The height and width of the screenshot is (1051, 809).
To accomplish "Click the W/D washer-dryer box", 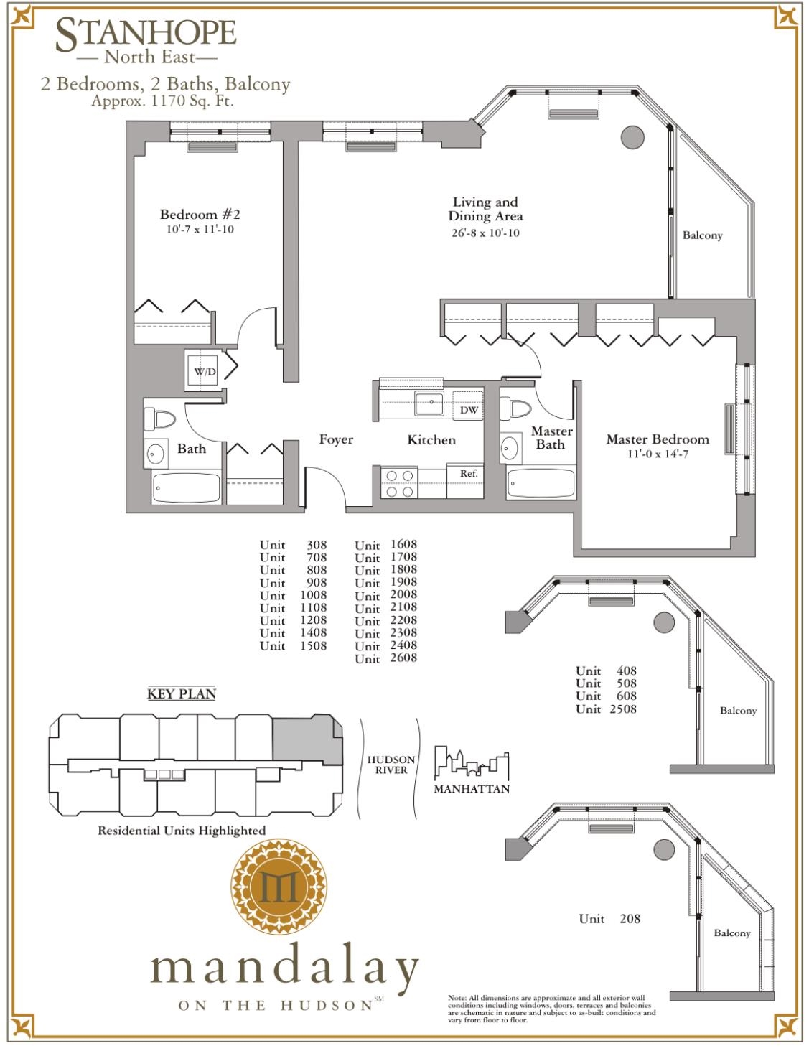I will pos(204,371).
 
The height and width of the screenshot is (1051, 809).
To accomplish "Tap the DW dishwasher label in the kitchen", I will pos(469,410).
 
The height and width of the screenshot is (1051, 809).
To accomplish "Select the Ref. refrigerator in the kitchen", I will pos(468,474).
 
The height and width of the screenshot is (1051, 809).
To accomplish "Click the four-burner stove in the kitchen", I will pos(399,483).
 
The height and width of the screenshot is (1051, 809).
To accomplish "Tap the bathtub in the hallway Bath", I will pos(187,488).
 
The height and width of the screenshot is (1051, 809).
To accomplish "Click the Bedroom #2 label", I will pos(200,215).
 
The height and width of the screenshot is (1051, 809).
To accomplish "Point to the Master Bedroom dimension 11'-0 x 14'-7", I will pos(657,454).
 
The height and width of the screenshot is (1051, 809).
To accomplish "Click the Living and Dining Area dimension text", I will pos(485,233).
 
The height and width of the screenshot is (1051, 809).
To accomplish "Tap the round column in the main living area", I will pos(632,136).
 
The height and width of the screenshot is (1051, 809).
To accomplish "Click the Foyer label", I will pos(336,439).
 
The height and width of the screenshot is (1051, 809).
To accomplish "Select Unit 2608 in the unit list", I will pos(385,658).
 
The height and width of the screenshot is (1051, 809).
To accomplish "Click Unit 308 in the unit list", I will pos(293,545).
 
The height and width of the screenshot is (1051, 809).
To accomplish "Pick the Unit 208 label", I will pos(609,918).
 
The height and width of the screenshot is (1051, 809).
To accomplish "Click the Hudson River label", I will pos(391,765).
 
